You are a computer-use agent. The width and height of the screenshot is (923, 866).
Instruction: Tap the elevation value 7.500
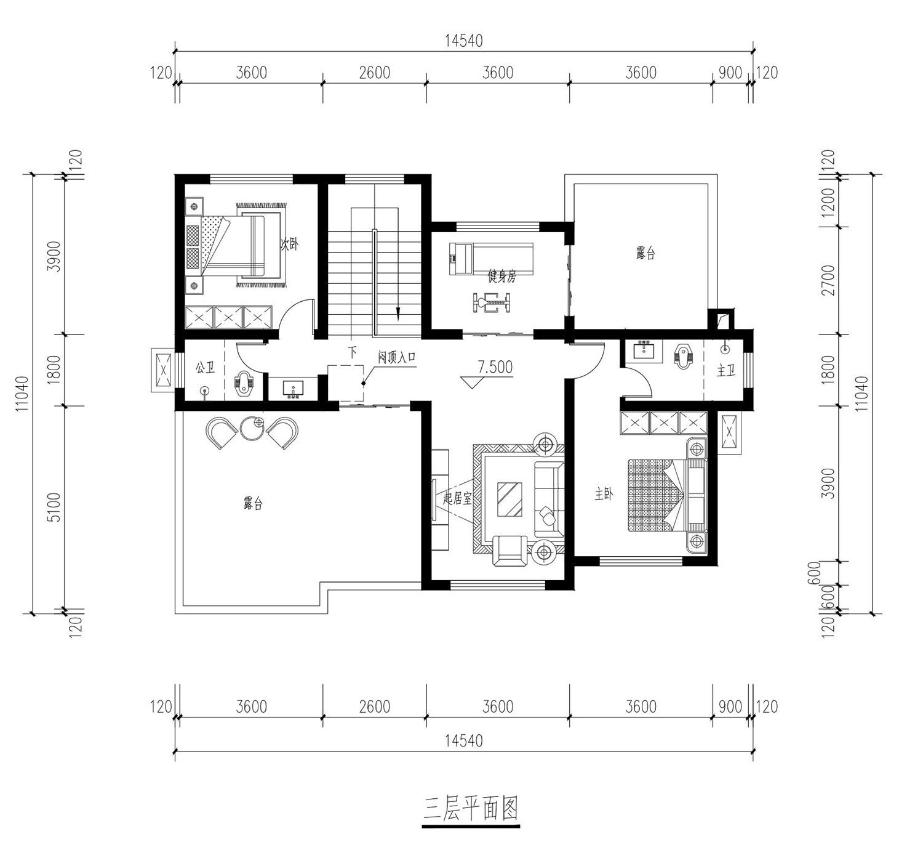coord(495,367)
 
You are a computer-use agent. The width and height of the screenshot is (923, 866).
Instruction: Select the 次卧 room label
coord(289,243)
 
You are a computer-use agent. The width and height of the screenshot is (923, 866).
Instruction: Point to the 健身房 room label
coord(501,277)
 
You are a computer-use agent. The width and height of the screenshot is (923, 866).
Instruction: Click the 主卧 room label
coord(604,494)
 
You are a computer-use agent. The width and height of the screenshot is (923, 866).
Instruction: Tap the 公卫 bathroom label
coord(205,368)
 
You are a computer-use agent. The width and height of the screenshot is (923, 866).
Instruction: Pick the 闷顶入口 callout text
coord(396,357)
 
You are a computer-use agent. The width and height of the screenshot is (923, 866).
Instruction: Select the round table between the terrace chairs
coord(252,428)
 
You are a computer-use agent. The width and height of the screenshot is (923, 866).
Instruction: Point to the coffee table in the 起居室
coord(510,499)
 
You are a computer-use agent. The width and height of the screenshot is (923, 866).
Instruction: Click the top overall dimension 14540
coord(464,41)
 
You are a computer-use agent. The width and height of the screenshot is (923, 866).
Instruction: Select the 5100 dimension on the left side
coord(54,507)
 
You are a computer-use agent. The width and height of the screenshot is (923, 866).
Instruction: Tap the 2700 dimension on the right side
coord(828,280)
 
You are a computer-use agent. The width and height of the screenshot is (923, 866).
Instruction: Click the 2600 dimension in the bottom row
coord(374,706)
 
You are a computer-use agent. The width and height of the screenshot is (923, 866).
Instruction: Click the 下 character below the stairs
coord(353,353)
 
